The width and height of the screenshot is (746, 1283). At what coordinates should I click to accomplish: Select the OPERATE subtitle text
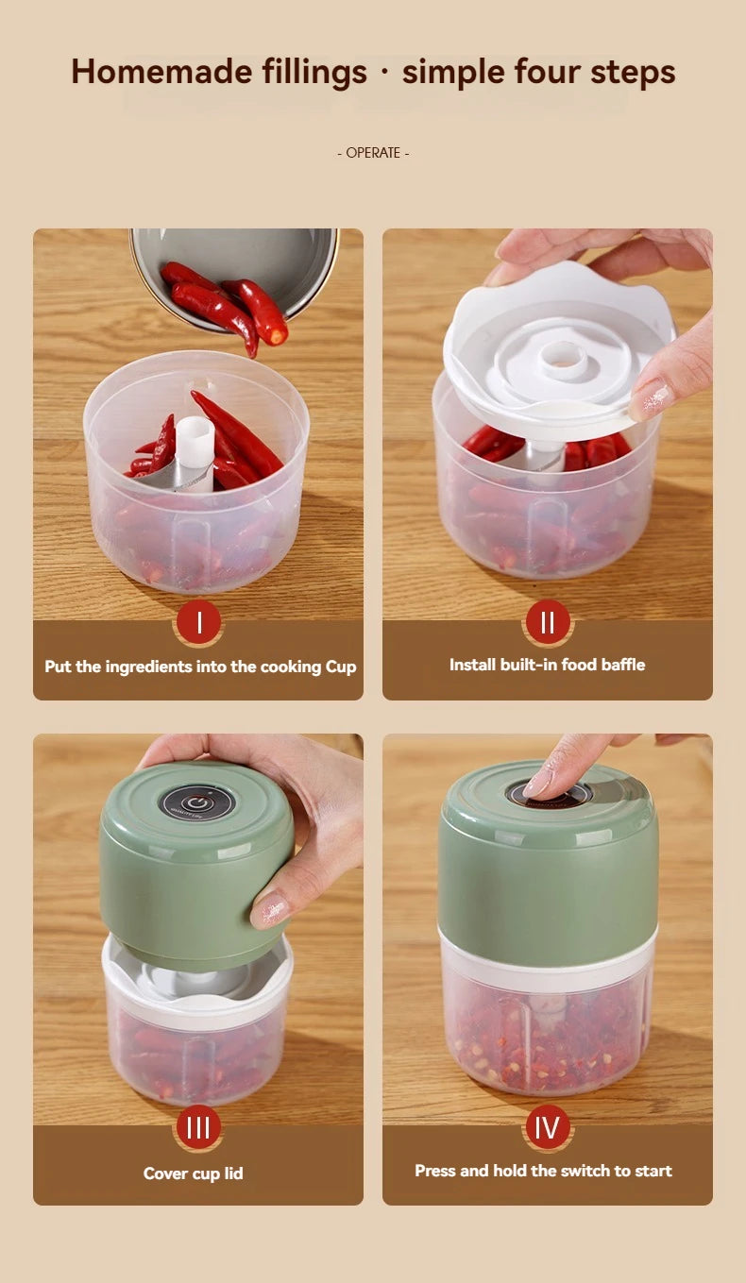(x=373, y=153)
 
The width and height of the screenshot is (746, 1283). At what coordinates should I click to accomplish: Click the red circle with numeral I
(x=198, y=623)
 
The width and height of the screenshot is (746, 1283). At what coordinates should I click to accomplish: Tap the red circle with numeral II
(x=548, y=622)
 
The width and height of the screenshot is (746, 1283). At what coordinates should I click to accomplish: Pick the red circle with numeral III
(x=198, y=1128)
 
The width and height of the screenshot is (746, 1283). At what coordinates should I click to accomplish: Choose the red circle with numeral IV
(x=548, y=1127)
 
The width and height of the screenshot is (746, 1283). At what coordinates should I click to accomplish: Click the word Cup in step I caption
(x=340, y=667)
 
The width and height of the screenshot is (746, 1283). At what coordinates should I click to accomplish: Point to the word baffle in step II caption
(x=622, y=665)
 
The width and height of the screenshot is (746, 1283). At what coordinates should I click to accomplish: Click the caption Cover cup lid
(x=194, y=1173)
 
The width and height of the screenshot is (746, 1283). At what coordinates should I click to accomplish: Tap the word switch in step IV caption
(x=585, y=1171)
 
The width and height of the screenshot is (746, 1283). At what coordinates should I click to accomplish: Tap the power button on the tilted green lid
(x=196, y=803)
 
